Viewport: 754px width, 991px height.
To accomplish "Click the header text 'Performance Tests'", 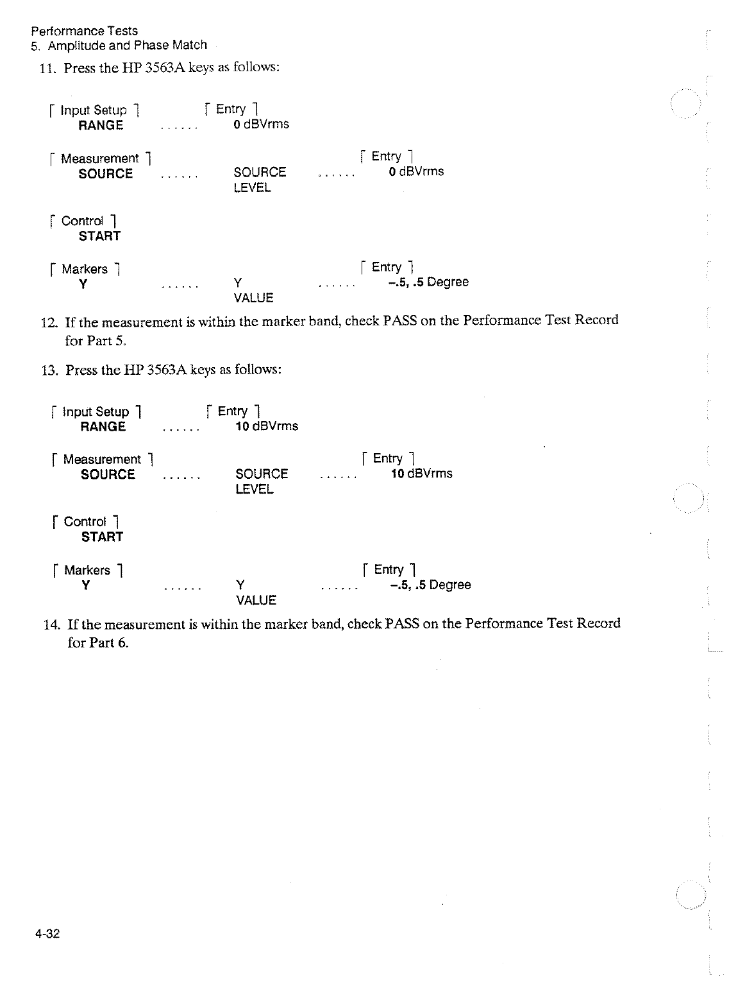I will click(85, 31).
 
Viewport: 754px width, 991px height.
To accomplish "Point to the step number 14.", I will click(51, 624).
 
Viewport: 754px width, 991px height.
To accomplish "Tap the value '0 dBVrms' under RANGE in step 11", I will click(262, 125).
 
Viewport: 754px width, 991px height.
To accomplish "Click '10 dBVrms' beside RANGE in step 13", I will click(267, 426).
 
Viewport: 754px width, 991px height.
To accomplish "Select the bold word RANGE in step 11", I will click(101, 126).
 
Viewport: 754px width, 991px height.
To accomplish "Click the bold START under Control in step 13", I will click(102, 537).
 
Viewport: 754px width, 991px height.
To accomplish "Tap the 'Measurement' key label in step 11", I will click(99, 159).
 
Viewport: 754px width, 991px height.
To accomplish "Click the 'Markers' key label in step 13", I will click(87, 570).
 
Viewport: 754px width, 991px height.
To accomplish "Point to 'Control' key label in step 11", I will click(82, 221).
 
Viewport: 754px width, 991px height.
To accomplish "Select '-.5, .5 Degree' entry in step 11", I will click(428, 282).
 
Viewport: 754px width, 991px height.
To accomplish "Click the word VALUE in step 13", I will click(256, 601).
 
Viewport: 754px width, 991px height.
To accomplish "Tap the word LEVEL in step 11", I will click(252, 188).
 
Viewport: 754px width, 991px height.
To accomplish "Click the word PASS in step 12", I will click(401, 320).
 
